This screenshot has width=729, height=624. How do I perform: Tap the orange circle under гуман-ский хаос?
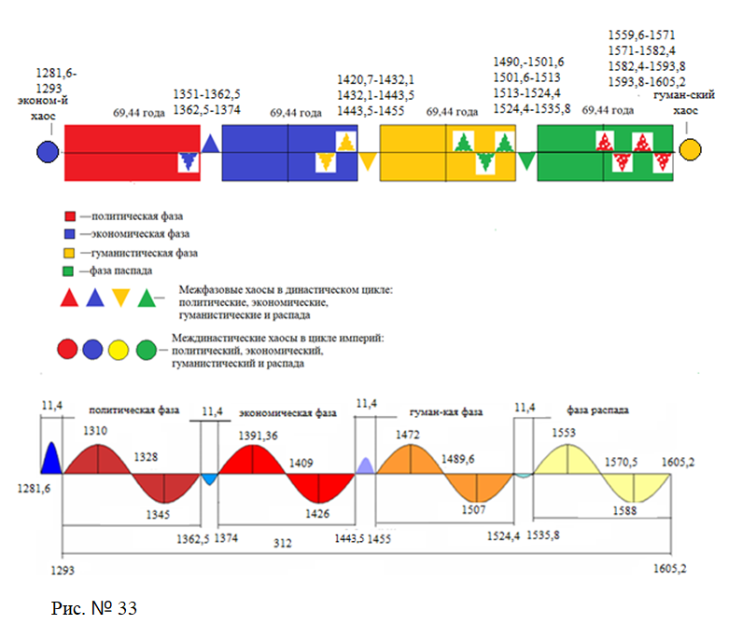pos(691,149)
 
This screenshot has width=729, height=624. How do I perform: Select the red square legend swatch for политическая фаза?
pos(67,217)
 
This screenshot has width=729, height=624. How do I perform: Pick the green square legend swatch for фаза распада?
pos(67,270)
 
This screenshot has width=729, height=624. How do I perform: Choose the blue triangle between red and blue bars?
pos(211,144)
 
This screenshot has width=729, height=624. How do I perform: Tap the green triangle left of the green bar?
pos(527,159)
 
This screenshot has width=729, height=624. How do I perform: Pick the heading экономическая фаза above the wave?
pos(288,412)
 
